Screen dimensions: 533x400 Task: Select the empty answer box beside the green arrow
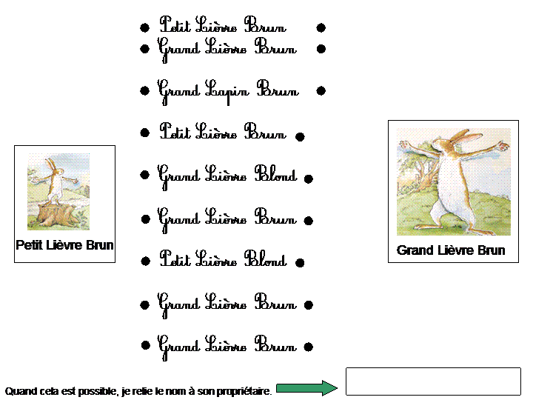pyautogui.click(x=433, y=381)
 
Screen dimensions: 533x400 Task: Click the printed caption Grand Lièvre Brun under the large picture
pyautogui.click(x=451, y=250)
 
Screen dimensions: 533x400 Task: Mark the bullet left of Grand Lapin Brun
pyautogui.click(x=144, y=91)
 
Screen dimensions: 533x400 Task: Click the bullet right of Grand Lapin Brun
pyautogui.click(x=321, y=91)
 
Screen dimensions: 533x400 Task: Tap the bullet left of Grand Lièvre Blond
pyautogui.click(x=145, y=176)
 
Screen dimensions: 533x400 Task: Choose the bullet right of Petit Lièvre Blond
pyautogui.click(x=299, y=263)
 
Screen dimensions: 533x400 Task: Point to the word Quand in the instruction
pyautogui.click(x=18, y=390)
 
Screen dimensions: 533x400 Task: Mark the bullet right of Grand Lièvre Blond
pyautogui.click(x=309, y=179)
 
